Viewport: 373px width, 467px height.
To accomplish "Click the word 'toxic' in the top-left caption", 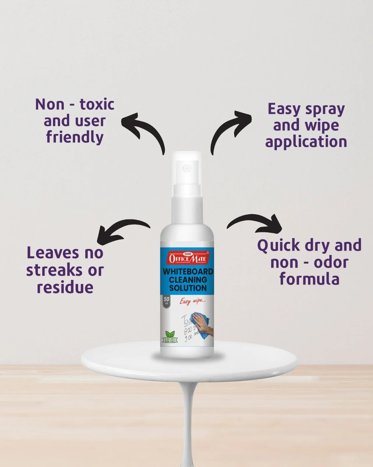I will (97, 104).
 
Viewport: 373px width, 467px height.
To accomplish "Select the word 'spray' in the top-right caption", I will (325, 110).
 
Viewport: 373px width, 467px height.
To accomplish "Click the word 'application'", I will (306, 142).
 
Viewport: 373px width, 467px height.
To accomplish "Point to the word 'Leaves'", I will (53, 253).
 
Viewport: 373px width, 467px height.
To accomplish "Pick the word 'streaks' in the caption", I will (54, 270).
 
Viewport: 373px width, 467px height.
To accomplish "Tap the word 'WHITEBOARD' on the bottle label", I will (188, 271).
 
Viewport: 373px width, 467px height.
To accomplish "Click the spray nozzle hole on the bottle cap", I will (186, 168).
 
